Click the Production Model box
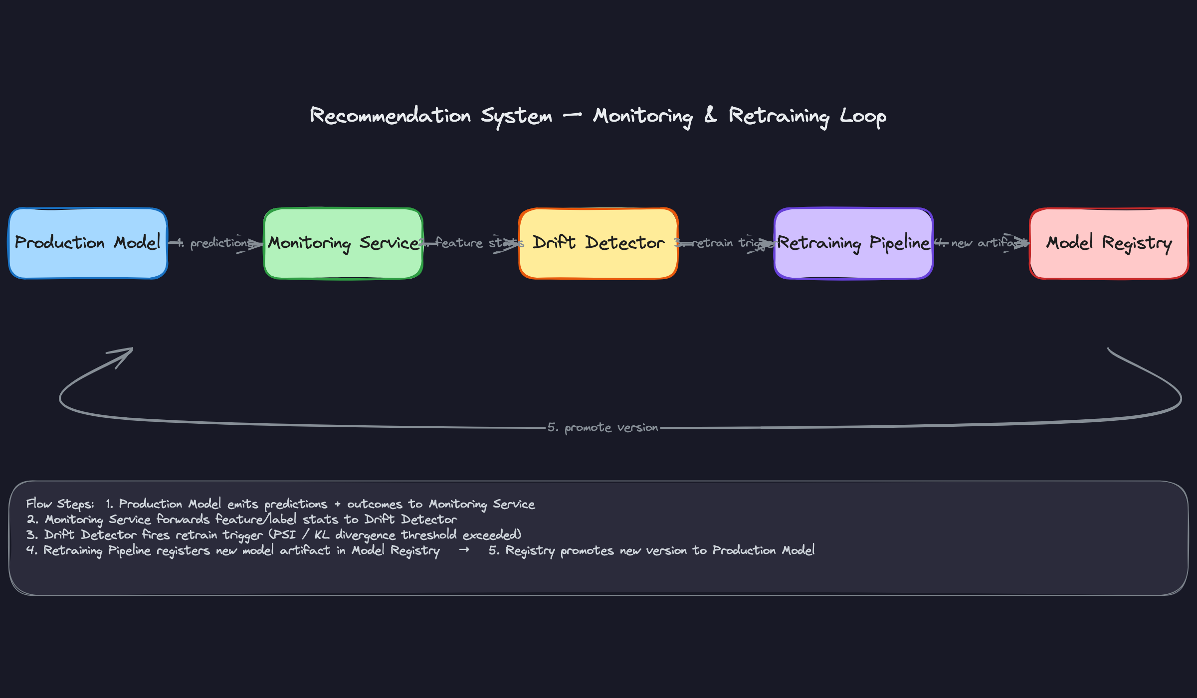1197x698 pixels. point(88,243)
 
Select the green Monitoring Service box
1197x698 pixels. point(343,243)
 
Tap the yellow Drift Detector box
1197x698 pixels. point(598,243)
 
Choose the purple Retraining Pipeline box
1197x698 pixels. point(853,243)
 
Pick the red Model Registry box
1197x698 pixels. point(1109,243)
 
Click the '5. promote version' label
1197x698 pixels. point(602,428)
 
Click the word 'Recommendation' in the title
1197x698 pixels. point(390,116)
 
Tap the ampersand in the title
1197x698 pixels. point(710,115)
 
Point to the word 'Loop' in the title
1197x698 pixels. point(863,117)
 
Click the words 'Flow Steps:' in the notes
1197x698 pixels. point(60,504)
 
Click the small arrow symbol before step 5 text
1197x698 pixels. point(464,550)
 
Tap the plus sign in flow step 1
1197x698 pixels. point(337,505)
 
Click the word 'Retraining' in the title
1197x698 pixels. point(779,117)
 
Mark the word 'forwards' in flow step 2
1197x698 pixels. point(183,520)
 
